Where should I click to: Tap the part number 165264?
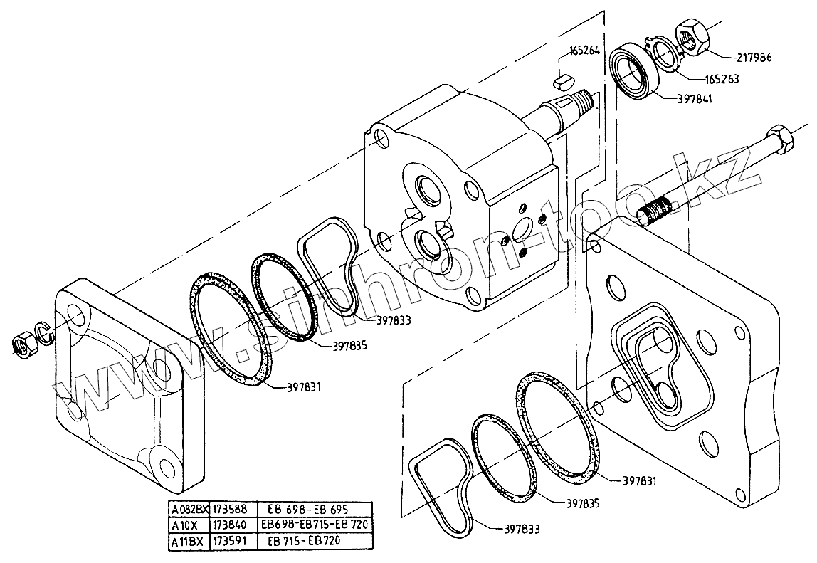584,51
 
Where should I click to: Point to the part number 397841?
691,99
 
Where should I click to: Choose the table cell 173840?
230,525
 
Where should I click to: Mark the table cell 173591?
230,541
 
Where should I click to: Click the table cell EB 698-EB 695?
297,510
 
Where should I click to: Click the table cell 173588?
230,510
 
